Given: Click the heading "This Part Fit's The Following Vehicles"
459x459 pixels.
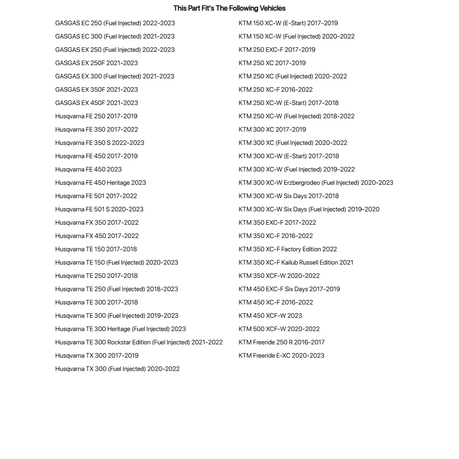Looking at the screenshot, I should tap(229, 8).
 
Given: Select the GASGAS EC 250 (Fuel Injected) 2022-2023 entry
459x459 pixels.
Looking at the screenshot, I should tap(115, 23).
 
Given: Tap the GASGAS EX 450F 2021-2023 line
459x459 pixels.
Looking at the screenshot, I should tap(96, 103).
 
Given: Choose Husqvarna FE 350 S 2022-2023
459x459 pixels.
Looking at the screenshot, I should tap(100, 143).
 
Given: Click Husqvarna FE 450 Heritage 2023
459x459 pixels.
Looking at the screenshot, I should tap(100, 182).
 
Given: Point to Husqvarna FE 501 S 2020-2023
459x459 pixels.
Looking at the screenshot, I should tap(99, 209).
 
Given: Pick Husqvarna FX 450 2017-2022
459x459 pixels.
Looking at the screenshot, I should tap(97, 236).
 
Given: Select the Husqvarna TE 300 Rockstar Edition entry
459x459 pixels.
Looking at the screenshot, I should tap(139, 342).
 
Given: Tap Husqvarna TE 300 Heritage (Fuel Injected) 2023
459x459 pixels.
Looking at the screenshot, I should tap(120, 329).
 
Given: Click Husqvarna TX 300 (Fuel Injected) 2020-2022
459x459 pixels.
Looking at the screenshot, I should tap(117, 369).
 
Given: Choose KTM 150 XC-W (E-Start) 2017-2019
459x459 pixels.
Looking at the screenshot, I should tap(288, 23).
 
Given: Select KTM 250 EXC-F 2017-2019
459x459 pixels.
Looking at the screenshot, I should tap(277, 50).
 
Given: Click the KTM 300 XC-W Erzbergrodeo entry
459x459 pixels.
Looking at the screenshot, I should tap(315, 182).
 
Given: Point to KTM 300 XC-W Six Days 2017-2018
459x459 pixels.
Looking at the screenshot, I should tap(288, 196).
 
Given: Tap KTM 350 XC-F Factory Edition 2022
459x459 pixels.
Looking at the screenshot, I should tap(288, 249).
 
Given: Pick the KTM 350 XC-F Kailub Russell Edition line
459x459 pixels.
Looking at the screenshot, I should tap(296, 262).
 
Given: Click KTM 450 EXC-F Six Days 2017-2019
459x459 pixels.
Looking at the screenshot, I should tap(289, 289).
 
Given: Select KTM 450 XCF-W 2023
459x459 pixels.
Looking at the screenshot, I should tap(270, 315).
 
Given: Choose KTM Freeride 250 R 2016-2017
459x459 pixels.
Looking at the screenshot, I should tap(281, 342).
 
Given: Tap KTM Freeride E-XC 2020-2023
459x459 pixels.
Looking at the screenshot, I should tap(281, 355).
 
